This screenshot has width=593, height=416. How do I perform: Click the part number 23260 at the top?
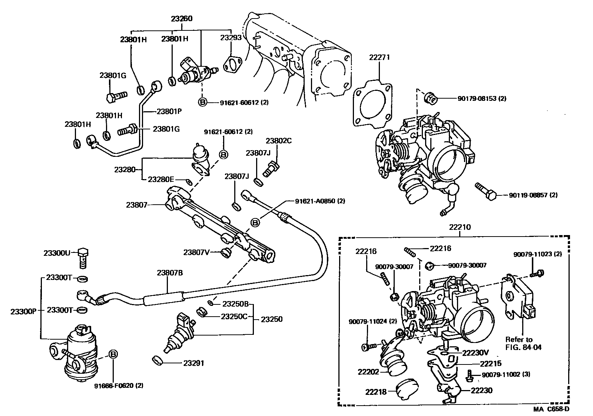point(182,19)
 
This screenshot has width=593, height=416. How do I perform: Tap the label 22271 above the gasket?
point(379,57)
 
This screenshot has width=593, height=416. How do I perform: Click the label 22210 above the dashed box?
point(460,227)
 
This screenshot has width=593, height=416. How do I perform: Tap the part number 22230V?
point(475,353)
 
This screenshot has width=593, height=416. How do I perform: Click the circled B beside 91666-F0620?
point(113,354)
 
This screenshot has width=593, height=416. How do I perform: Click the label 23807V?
point(196,252)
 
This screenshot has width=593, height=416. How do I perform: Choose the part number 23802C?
point(279,141)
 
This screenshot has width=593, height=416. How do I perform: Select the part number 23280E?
point(160,179)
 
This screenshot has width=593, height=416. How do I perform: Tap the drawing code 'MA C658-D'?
point(551,409)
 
